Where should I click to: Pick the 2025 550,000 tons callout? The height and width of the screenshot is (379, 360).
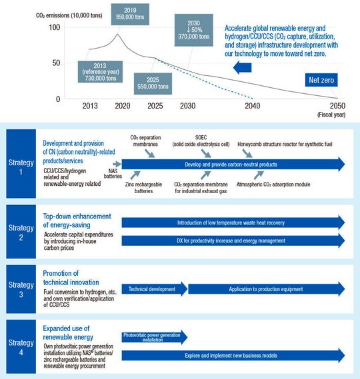[153, 82]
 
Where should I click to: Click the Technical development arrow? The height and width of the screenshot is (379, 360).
[153, 288]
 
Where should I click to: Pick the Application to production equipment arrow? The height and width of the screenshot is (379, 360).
[267, 288]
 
